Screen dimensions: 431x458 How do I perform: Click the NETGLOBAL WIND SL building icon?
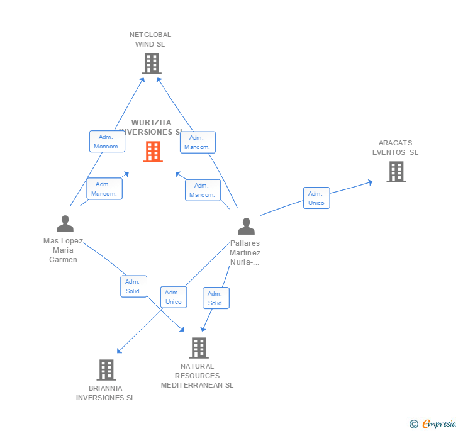tap(151, 63)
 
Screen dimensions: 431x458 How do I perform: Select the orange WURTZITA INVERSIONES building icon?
tap(153, 152)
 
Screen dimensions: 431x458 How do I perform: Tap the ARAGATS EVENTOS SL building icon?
tap(396, 171)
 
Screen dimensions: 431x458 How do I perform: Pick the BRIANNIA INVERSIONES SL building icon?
tap(106, 370)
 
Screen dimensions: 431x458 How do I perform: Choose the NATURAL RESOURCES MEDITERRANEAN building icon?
tap(198, 347)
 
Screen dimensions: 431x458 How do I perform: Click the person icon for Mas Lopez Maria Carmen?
tap(65, 224)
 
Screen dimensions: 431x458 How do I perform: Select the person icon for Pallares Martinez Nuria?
tap(246, 227)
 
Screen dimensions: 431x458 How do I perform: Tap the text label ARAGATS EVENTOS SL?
tap(395, 148)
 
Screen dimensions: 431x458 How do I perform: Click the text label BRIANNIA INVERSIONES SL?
tap(106, 393)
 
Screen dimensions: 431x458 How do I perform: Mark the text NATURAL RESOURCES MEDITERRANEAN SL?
tap(197, 376)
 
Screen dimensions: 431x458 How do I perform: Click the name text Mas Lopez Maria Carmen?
tap(63, 250)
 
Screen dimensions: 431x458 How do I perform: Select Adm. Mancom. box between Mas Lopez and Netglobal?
tap(106, 142)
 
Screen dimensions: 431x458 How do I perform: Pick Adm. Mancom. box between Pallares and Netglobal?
tap(197, 142)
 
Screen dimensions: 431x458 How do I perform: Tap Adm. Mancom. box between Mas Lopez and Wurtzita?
tap(104, 189)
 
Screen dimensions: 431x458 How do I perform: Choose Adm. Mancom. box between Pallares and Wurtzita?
tap(202, 190)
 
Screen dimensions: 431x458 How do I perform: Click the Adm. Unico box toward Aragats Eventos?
tap(316, 198)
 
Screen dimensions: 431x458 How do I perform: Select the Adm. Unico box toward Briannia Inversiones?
tap(173, 297)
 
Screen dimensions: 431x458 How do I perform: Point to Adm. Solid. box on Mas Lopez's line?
tap(133, 286)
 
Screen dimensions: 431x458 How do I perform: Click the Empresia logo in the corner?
tap(433, 424)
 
